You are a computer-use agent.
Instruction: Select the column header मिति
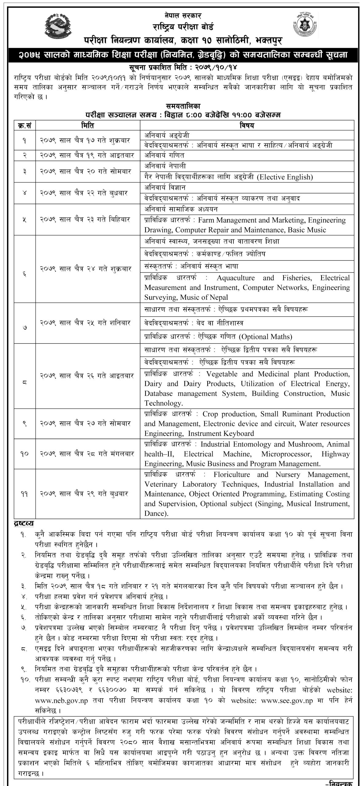pyautogui.click(x=88, y=125)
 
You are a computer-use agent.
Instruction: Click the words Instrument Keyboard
pyautogui.click(x=221, y=434)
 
